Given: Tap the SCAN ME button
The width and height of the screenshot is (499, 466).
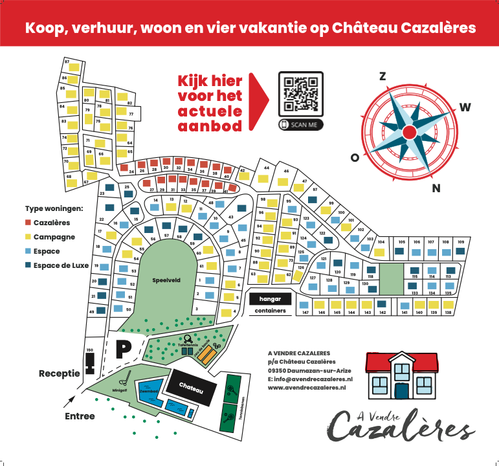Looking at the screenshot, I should (301, 125).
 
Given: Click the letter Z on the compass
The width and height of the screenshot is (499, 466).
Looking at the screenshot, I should (383, 76).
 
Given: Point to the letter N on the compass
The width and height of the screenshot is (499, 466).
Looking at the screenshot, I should (436, 188).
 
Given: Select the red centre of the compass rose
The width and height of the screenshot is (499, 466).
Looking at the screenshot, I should (409, 132).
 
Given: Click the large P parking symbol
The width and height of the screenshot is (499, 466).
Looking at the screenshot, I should (123, 349).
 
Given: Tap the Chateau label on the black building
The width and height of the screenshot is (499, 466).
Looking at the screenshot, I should (192, 390).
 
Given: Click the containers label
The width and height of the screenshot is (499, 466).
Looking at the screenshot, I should (270, 311).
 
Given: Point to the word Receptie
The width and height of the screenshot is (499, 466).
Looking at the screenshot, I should (60, 373).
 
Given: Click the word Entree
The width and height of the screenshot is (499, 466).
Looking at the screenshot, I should (80, 416).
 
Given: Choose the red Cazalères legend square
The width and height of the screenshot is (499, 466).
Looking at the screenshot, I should (28, 222).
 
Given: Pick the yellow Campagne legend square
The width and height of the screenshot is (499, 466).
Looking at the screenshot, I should (28, 236).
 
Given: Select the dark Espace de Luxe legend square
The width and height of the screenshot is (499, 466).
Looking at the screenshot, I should (28, 265).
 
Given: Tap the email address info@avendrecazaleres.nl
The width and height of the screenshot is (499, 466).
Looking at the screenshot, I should (313, 379).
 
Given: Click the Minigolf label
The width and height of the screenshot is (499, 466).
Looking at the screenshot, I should (120, 390).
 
